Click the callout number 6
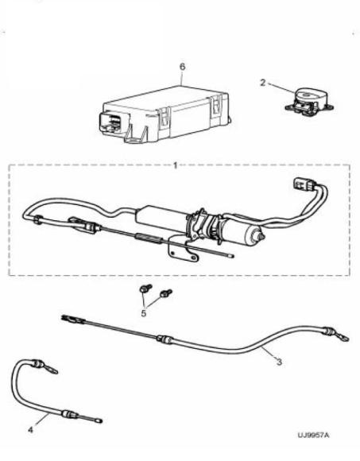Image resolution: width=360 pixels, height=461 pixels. pos(183,67)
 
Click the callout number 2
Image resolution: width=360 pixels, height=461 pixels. pos(263,83)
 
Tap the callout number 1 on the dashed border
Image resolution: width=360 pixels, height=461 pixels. pos(176,165)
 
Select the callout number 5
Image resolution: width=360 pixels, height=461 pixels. pos(143,313)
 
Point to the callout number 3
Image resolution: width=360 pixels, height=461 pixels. pos(279,362)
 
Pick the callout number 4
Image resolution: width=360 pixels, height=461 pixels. pos(31,429)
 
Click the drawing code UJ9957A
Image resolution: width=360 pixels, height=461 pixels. pos(314,435)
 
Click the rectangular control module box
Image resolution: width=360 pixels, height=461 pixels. pos(164,114)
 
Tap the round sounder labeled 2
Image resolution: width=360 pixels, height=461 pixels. pos(309,102)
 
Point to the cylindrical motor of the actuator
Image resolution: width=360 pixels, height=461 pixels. pos(245,230)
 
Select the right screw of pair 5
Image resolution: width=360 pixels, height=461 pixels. pos(166,293)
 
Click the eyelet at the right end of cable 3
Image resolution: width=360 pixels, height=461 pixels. pos(343,338)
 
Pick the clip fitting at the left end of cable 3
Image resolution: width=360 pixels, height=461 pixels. pos(73,320)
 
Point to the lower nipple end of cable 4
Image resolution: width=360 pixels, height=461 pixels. pos(99,421)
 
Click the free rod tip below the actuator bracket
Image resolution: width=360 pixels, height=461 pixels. pos(231,256)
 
